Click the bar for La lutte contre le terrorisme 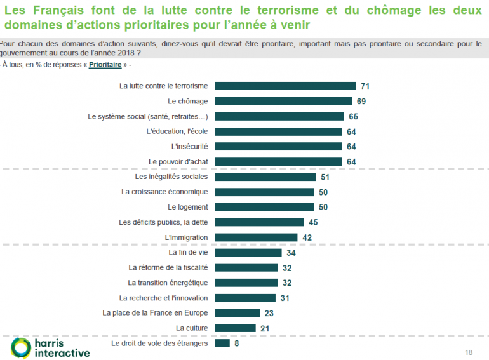click(285, 86)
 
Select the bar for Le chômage click(283, 101)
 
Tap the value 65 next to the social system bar click(354, 116)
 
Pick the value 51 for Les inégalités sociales click(325, 177)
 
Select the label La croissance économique click(164, 192)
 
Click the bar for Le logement click(264, 207)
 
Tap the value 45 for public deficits click(312, 222)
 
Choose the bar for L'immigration click(256, 237)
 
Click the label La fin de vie click(189, 252)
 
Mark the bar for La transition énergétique click(246, 283)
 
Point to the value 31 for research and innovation click(285, 298)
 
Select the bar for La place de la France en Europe click(238, 313)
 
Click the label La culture click(192, 328)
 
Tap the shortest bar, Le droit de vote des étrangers click(222, 343)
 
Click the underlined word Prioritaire click(105, 65)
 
